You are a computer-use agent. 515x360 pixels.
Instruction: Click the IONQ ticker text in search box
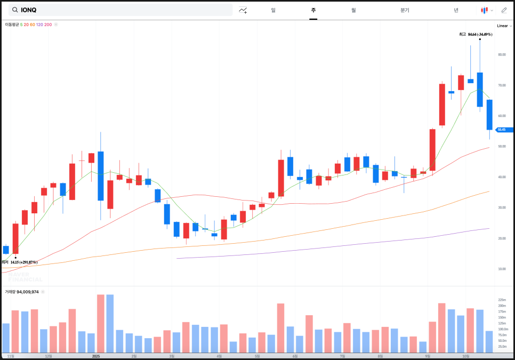click(29, 10)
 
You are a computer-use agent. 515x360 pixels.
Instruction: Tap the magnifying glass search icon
click(14, 10)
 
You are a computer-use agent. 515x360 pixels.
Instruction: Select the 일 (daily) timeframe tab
click(273, 10)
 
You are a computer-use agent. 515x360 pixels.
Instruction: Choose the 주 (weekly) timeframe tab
click(313, 10)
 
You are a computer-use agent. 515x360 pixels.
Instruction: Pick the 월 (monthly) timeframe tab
click(353, 10)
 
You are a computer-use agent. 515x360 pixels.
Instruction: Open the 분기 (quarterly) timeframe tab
click(405, 10)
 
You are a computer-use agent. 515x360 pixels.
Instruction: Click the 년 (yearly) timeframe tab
click(456, 10)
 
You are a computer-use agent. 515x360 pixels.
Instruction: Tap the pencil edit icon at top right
click(504, 10)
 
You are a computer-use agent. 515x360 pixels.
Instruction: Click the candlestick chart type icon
click(484, 10)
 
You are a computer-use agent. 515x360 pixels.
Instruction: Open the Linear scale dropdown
click(504, 26)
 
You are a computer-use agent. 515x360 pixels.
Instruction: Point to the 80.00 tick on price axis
click(501, 54)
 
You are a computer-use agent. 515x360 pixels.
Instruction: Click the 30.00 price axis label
click(501, 207)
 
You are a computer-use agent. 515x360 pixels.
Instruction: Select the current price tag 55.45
click(503, 130)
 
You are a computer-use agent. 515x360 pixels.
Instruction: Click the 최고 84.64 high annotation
click(476, 34)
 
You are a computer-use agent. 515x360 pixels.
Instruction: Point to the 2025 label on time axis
click(96, 356)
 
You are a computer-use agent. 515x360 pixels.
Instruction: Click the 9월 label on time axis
click(428, 356)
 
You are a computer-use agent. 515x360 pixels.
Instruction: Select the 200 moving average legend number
click(49, 25)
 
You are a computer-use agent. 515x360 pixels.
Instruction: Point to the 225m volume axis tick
click(502, 300)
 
